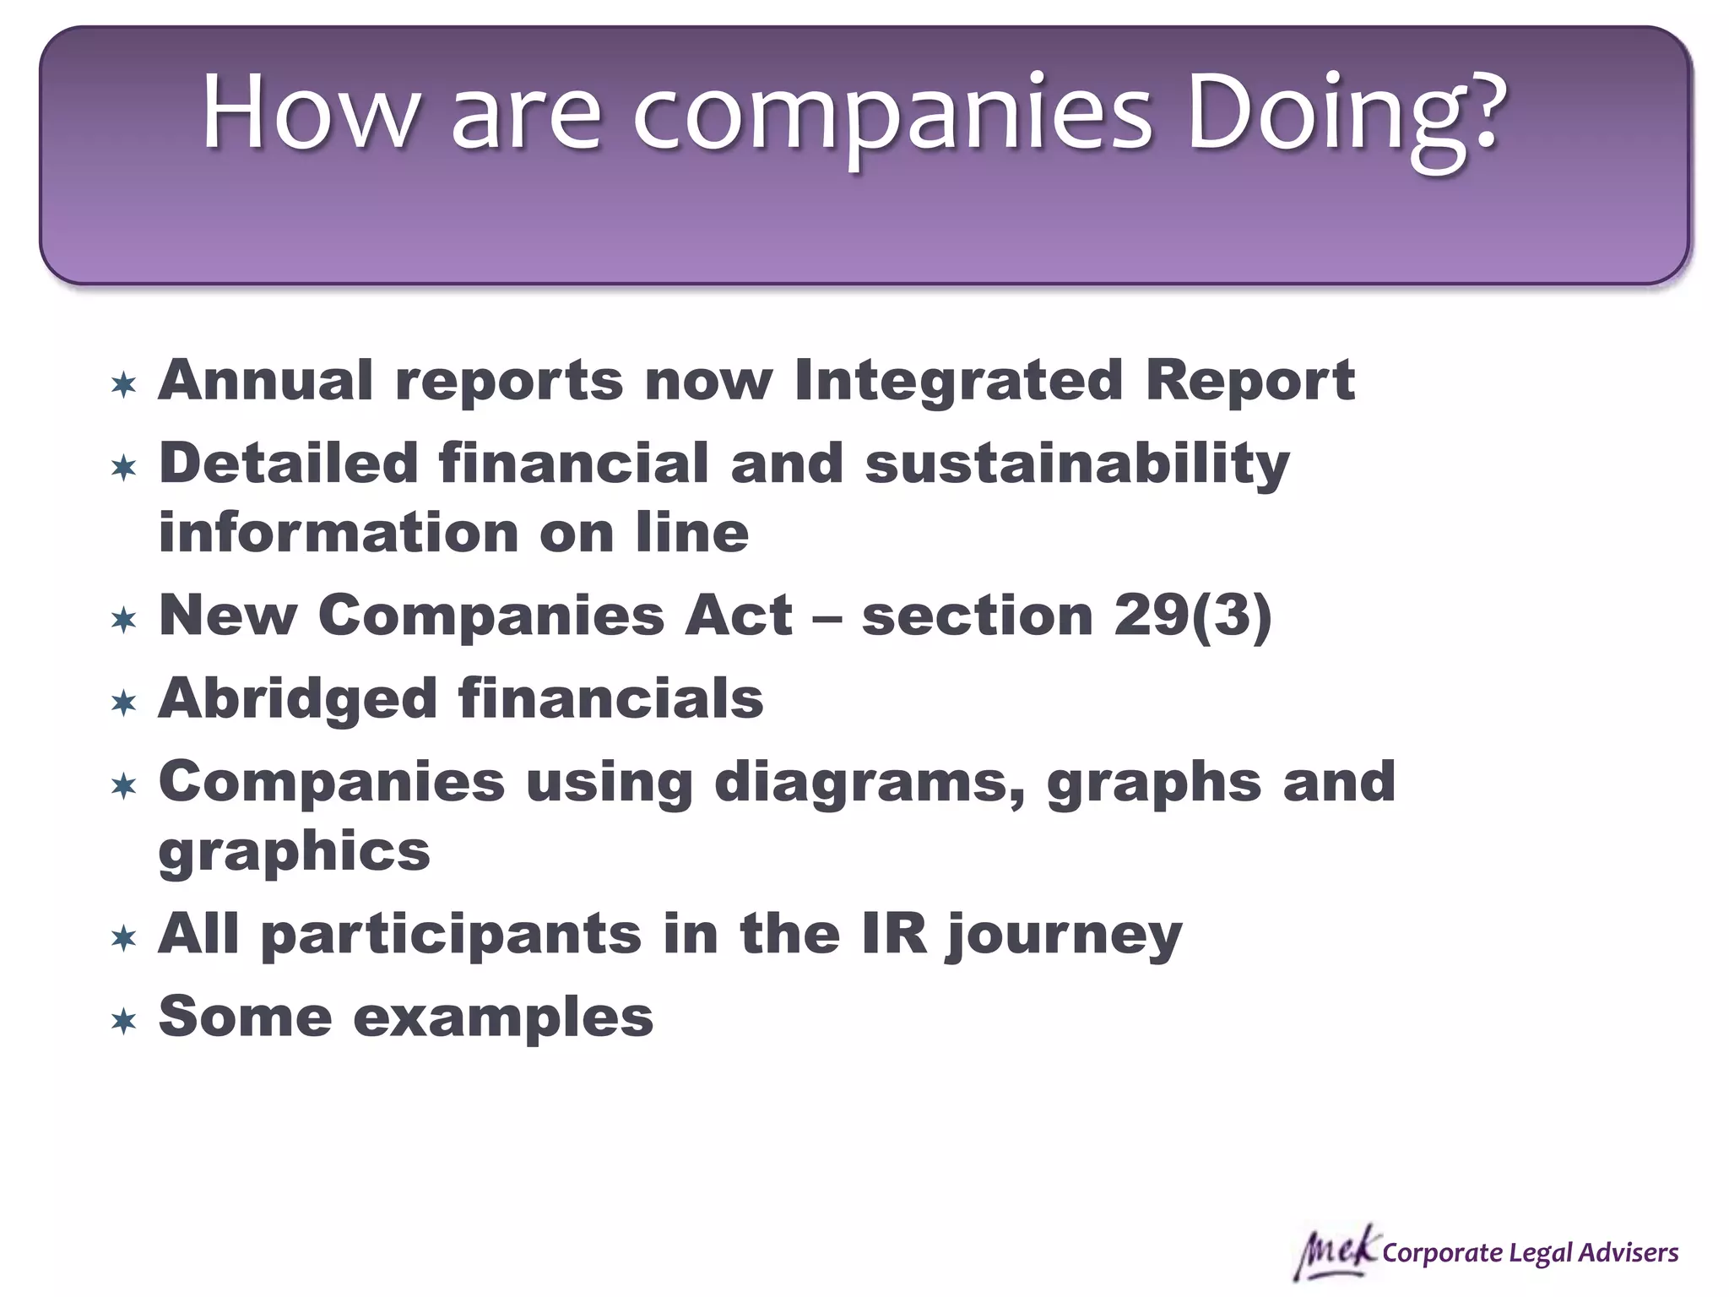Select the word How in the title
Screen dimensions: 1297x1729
click(309, 114)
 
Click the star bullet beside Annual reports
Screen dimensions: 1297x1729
click(124, 385)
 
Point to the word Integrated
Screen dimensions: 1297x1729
click(958, 380)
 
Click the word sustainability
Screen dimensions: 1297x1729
click(1077, 464)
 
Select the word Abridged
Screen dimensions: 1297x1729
click(297, 699)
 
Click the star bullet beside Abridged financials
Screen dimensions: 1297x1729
click(124, 703)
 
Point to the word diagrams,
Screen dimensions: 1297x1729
click(869, 783)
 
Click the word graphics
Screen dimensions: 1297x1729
click(295, 852)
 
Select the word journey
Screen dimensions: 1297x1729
click(1065, 936)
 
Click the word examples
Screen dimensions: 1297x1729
click(503, 1018)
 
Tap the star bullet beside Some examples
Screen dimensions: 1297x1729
click(124, 1022)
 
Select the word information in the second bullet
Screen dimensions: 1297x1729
click(339, 534)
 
